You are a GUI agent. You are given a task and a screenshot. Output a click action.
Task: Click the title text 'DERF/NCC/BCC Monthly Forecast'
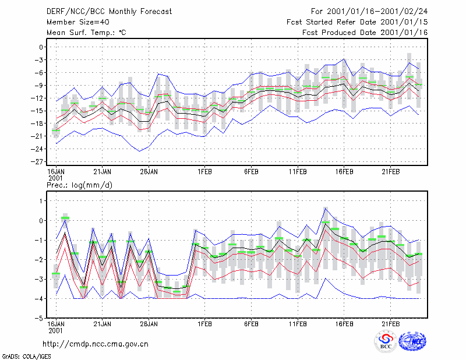coord(109,12)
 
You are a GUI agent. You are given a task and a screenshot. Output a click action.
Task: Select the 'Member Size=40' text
coord(78,22)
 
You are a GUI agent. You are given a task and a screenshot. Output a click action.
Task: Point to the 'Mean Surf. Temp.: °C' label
coord(86,33)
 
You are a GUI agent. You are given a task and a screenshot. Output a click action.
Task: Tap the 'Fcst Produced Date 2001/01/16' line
coord(365,33)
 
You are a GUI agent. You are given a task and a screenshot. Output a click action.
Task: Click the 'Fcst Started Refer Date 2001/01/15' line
coord(357,22)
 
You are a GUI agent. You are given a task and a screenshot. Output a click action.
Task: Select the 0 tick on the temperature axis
coord(41,47)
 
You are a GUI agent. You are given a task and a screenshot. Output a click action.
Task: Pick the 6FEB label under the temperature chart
coord(251,172)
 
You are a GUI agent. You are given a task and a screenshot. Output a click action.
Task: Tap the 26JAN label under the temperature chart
coord(149,172)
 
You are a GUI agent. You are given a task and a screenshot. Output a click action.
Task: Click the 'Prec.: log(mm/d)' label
coord(79,185)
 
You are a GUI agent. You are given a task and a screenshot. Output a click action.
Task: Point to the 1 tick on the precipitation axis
coord(41,201)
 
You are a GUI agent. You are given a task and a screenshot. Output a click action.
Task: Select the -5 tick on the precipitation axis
coord(40,318)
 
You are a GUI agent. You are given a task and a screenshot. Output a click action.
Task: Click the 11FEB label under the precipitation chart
coord(298,324)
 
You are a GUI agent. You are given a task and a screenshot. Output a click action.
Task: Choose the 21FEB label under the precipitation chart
coord(390,324)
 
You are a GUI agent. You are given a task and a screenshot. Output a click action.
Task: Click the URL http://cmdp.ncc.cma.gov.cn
coord(96,344)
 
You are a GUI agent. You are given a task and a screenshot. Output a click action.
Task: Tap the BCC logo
coord(386,341)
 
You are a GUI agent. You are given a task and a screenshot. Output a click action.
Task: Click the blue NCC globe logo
coord(412,341)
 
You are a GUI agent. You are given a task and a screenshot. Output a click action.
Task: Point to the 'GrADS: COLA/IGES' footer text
coord(26,357)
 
